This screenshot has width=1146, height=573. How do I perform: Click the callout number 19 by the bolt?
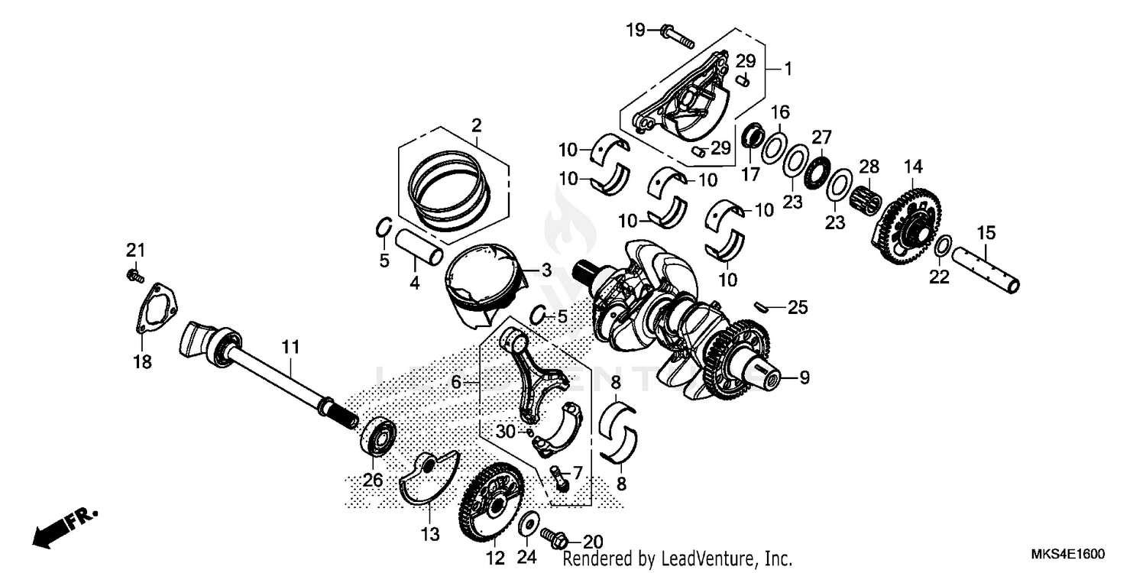pos(636,31)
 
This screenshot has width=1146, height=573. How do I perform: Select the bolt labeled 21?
pos(134,274)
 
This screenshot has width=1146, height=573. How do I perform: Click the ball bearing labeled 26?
pos(378,436)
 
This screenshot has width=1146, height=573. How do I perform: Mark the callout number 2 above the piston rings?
pos(476,125)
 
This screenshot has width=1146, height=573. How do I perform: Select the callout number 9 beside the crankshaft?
pos(803,377)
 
